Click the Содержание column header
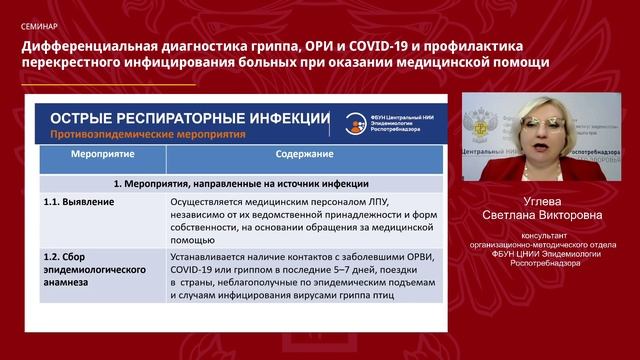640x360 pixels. [306, 157]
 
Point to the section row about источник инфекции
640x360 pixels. [240, 184]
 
